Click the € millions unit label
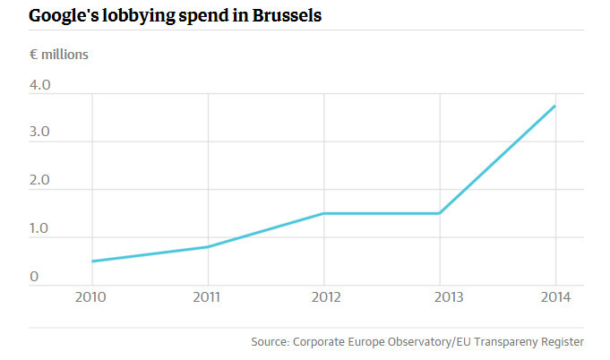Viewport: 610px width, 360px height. pyautogui.click(x=59, y=54)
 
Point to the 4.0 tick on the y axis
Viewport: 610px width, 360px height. pyautogui.click(x=39, y=86)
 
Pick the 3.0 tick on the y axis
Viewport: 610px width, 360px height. pyautogui.click(x=39, y=133)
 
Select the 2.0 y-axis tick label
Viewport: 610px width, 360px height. pyautogui.click(x=39, y=182)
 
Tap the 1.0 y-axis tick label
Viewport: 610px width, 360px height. pyautogui.click(x=39, y=229)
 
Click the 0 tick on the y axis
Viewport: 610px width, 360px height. pyautogui.click(x=33, y=278)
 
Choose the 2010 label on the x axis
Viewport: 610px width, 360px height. pyautogui.click(x=92, y=297)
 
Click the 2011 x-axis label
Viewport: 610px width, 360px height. pyautogui.click(x=208, y=297)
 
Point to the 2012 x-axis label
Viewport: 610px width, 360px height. pyautogui.click(x=323, y=297)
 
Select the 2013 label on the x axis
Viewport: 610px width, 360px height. pyautogui.click(x=440, y=297)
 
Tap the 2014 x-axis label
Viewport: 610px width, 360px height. pyautogui.click(x=555, y=297)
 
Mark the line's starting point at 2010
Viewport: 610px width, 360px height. pyautogui.click(x=92, y=261)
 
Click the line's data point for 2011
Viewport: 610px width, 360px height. pyautogui.click(x=208, y=247)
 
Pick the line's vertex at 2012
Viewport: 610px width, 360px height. pyautogui.click(x=323, y=213)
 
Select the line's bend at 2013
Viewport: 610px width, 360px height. pyautogui.click(x=440, y=213)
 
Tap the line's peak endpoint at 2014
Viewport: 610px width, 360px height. pyautogui.click(x=555, y=106)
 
